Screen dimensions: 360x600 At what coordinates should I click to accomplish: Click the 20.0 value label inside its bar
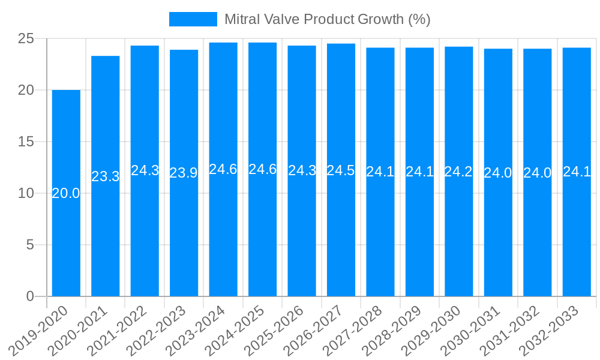pos(66,193)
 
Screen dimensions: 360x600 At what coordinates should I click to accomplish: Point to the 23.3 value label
pos(106,176)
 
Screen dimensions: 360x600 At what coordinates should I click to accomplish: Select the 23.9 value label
pos(184,173)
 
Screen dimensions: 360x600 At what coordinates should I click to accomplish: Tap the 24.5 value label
pos(341,170)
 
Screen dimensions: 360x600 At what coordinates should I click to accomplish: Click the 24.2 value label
pos(458,172)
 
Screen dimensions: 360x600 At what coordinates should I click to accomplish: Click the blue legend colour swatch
pos(193,19)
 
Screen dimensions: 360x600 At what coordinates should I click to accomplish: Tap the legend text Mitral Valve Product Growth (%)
pos(327,19)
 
